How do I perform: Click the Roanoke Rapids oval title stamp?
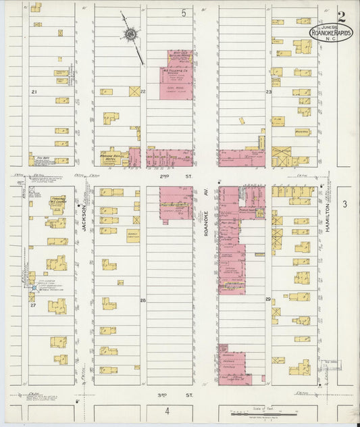[x=330, y=32]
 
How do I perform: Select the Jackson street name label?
[x=85, y=218]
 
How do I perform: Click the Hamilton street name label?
[x=330, y=219]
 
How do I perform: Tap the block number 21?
[x=32, y=91]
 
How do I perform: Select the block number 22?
[x=142, y=91]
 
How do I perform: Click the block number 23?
[x=268, y=91]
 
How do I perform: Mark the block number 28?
[x=143, y=299]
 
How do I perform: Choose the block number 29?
[x=268, y=299]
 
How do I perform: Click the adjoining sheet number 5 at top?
[x=182, y=13]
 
